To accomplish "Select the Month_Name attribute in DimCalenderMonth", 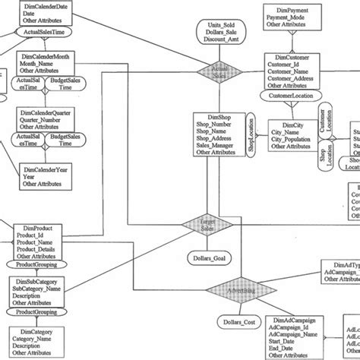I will click(x=45, y=65).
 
